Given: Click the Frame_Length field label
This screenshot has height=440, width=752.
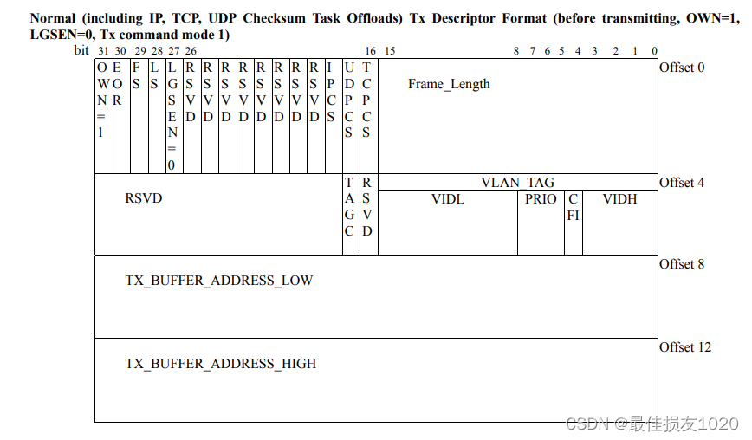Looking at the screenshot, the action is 449,84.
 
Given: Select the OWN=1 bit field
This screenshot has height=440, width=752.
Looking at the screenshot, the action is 102,100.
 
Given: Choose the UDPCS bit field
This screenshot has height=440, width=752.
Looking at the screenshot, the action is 348,100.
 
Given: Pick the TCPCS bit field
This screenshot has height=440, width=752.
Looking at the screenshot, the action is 366,100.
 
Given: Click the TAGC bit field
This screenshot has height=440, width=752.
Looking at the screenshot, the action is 349,207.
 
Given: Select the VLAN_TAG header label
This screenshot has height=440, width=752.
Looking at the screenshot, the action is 517,183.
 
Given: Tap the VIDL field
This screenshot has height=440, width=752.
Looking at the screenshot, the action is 447,199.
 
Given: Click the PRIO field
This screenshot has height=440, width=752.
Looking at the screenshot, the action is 541,199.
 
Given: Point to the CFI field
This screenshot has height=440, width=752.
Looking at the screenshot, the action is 573,207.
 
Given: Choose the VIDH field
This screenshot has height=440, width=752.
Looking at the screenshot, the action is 619,199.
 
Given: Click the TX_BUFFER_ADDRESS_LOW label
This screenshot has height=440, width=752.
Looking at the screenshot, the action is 219,281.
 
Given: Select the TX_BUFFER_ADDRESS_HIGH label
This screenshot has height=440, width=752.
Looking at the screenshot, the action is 221,364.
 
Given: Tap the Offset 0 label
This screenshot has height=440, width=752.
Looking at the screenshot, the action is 682,68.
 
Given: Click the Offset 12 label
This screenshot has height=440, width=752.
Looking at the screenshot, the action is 685,347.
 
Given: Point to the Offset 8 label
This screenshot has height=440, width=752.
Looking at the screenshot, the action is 682,264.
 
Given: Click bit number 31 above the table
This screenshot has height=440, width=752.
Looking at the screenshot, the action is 103,51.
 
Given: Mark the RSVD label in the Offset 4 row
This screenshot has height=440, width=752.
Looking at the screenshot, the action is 144,198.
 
